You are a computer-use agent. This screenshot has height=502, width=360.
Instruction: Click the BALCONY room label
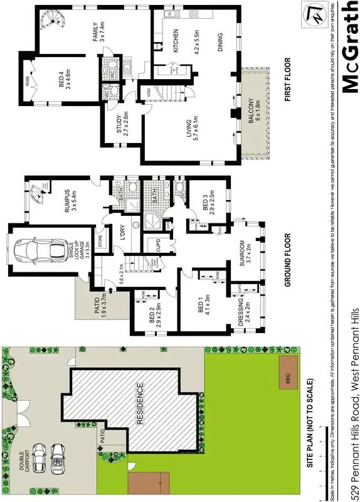click(251, 114)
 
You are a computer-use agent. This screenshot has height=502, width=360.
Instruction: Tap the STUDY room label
click(122, 123)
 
